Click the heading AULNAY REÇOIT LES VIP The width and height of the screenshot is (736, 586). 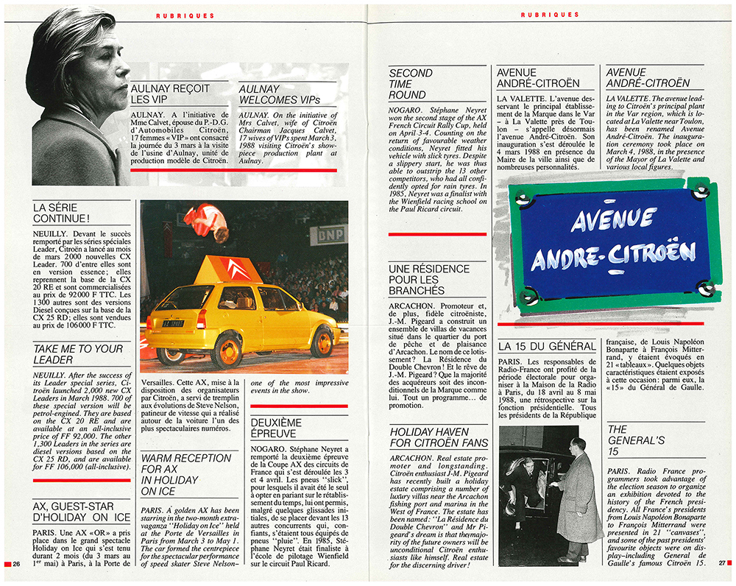point(170,93)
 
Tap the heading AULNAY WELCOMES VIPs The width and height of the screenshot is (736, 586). point(279,93)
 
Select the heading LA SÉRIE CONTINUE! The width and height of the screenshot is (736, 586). point(62,213)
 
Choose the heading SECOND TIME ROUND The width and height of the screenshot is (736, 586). point(411,84)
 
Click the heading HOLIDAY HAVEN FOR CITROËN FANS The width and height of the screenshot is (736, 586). point(439,437)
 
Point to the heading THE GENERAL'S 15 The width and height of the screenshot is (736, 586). point(618,440)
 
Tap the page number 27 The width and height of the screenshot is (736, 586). point(721,564)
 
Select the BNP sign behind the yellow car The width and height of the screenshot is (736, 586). point(328,235)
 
